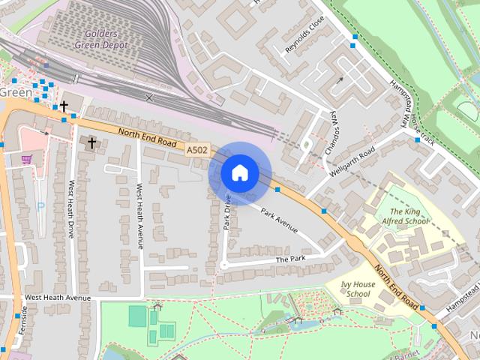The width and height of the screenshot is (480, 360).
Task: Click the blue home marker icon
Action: click(239, 172)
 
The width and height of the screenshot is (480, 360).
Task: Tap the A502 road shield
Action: click(196, 151)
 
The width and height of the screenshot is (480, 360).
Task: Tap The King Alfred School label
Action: click(409, 217)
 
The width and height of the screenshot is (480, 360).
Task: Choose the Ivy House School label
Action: click(355, 289)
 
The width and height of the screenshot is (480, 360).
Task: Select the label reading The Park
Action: click(291, 259)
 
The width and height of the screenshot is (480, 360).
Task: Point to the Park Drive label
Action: click(226, 214)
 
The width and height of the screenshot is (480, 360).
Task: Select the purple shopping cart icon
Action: click(27, 159)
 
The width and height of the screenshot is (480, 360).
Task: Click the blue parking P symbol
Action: click(40, 206)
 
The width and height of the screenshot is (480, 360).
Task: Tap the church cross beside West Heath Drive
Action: click(92, 142)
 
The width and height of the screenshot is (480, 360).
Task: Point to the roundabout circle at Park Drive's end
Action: click(223, 265)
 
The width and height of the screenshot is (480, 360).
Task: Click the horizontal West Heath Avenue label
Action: click(57, 298)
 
